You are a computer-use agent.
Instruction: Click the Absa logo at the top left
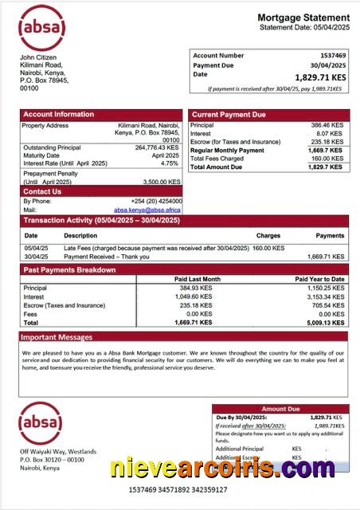click(41, 28)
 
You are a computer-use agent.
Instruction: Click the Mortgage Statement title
click(303, 18)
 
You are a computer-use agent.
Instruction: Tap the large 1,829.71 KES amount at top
click(321, 77)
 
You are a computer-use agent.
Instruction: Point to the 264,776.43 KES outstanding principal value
click(157, 147)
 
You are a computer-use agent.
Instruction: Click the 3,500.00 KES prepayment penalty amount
click(158, 182)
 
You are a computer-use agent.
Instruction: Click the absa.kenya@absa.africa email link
click(147, 210)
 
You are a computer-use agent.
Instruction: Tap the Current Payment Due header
click(229, 115)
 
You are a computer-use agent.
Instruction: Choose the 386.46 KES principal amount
click(327, 125)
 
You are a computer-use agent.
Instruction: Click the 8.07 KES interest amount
click(331, 134)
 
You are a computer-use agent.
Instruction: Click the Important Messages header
click(57, 337)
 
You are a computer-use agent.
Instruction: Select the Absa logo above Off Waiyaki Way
click(41, 423)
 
